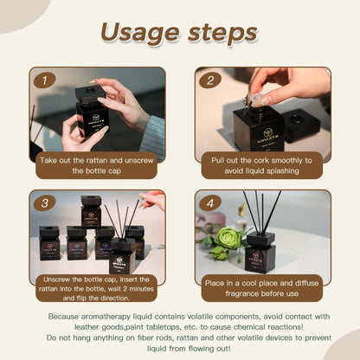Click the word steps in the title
pos(222,33)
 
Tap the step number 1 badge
pos(45,80)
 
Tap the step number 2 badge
pos(210,80)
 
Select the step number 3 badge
pos(45,203)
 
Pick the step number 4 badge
pos(210,203)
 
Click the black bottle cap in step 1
pos(89,93)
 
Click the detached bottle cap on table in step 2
pos(301,123)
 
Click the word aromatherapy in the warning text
pos(106,317)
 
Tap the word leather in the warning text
pos(87,327)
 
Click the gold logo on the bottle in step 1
pos(94,119)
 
